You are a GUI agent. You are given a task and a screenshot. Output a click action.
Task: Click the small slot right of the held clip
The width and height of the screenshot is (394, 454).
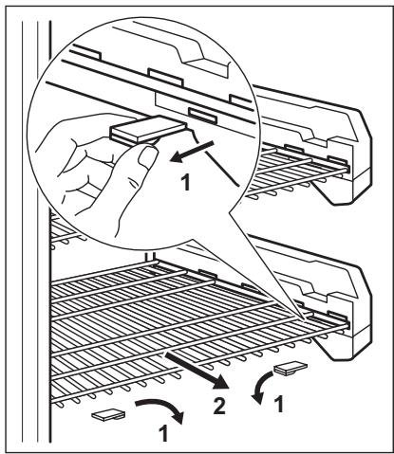(201, 114)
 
